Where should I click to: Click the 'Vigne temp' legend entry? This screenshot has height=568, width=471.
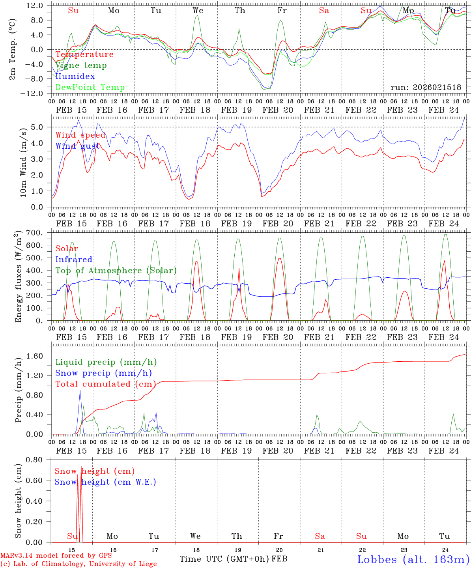pos(81,65)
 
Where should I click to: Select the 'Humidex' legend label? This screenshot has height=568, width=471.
pos(75,77)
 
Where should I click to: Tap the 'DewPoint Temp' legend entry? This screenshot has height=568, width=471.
pos(90,88)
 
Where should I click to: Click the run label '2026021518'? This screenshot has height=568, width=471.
pos(426,88)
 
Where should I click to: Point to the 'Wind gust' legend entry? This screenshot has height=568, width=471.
pos(78,146)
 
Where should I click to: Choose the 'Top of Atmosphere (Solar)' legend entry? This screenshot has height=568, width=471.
pos(116,271)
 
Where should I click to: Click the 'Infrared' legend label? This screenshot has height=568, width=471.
pos(74,260)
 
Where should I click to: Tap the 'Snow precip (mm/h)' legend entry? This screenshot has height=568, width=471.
pos(103,373)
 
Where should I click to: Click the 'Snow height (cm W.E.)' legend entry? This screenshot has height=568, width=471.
pos(105,482)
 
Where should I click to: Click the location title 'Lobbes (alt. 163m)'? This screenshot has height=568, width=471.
pos(413,559)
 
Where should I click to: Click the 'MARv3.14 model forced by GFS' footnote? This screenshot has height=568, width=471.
pos(56,556)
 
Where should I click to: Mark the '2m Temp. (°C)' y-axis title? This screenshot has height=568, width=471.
pos(13,49)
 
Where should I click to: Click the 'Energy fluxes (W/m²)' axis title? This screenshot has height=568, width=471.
pos(18,277)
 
